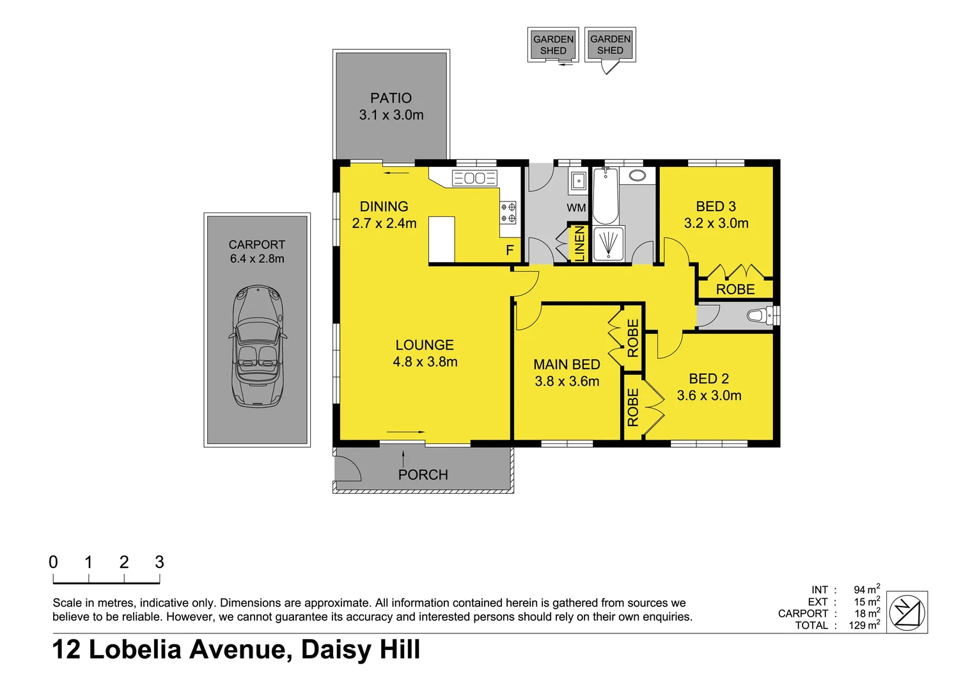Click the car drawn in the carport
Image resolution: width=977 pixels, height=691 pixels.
(x=257, y=345)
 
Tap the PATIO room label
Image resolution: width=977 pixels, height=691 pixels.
(x=391, y=98)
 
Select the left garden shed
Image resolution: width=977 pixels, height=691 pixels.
(x=553, y=45)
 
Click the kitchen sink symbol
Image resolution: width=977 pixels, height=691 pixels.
(x=474, y=178)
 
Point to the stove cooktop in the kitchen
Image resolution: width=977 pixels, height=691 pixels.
(x=508, y=212)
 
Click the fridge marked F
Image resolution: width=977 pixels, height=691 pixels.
(x=510, y=250)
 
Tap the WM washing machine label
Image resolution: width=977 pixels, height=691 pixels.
(x=576, y=208)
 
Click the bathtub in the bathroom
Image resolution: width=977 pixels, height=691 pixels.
(x=605, y=195)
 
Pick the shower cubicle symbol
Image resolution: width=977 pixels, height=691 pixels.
(x=608, y=244)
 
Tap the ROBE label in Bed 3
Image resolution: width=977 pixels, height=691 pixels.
(x=735, y=289)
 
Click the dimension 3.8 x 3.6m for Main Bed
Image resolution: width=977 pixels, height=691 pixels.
(x=567, y=381)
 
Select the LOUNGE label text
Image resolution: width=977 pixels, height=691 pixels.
(x=425, y=345)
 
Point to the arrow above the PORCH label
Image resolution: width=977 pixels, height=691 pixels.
(x=403, y=457)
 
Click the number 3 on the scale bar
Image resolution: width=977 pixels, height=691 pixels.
(x=159, y=562)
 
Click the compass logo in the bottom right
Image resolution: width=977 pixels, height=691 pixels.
(x=908, y=612)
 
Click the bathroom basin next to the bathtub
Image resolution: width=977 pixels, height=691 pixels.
(x=637, y=175)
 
